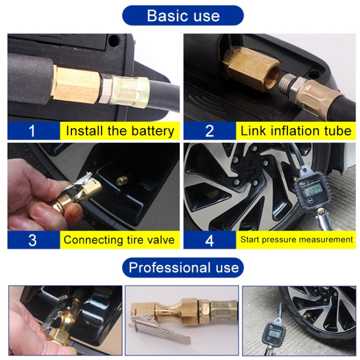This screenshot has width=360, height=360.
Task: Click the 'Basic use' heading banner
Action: [183, 15]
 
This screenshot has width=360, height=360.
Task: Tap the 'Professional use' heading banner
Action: [183, 267]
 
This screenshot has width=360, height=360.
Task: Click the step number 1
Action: [32, 131]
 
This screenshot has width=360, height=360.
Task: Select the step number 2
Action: [209, 131]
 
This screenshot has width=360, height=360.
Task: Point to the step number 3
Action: [32, 240]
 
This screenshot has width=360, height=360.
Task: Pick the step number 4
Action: [209, 240]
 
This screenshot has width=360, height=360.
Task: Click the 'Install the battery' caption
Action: [120, 131]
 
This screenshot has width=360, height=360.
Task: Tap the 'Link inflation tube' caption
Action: [296, 131]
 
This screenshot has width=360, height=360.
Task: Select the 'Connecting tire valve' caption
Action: [120, 240]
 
